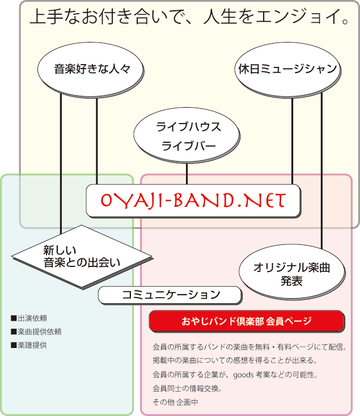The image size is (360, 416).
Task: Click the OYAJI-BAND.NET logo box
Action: coord(193,199)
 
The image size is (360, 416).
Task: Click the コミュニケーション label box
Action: coord(171,295)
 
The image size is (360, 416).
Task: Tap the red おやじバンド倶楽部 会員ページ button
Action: coord(247,321)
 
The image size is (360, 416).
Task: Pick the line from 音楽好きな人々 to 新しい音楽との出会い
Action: coord(61,159)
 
